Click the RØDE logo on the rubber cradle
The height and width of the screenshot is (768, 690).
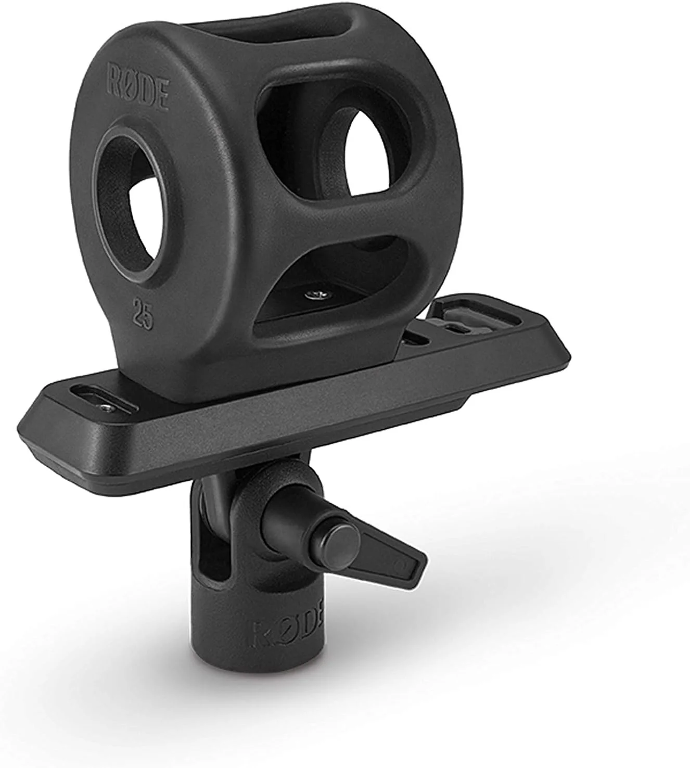tap(138, 93)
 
